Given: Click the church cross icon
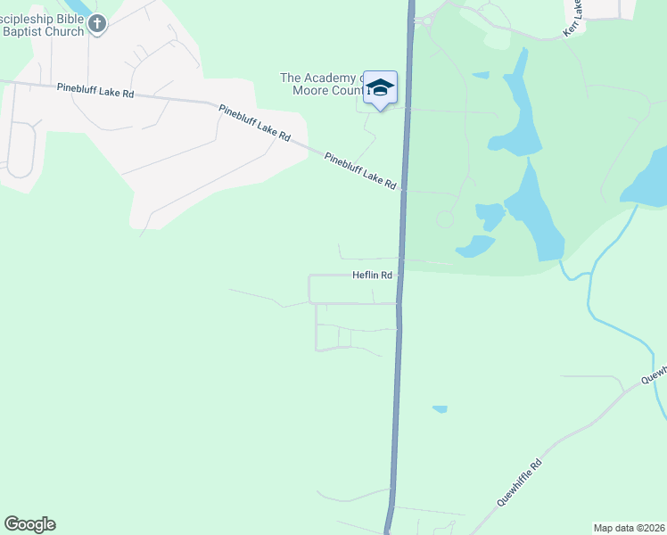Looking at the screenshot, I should [97, 24].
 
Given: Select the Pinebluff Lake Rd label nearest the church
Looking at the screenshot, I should [95, 89].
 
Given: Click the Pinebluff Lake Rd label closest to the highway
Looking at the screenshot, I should [360, 170].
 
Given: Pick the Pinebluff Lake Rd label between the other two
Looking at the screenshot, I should [255, 122].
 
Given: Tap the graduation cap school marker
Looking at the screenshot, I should [381, 87].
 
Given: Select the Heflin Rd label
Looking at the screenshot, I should [373, 276].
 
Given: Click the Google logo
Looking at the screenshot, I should [29, 524].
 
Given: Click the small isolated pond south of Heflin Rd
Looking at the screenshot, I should [440, 409].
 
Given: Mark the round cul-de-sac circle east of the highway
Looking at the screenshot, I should [445, 219].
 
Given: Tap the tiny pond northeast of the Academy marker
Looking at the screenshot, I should [481, 74].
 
